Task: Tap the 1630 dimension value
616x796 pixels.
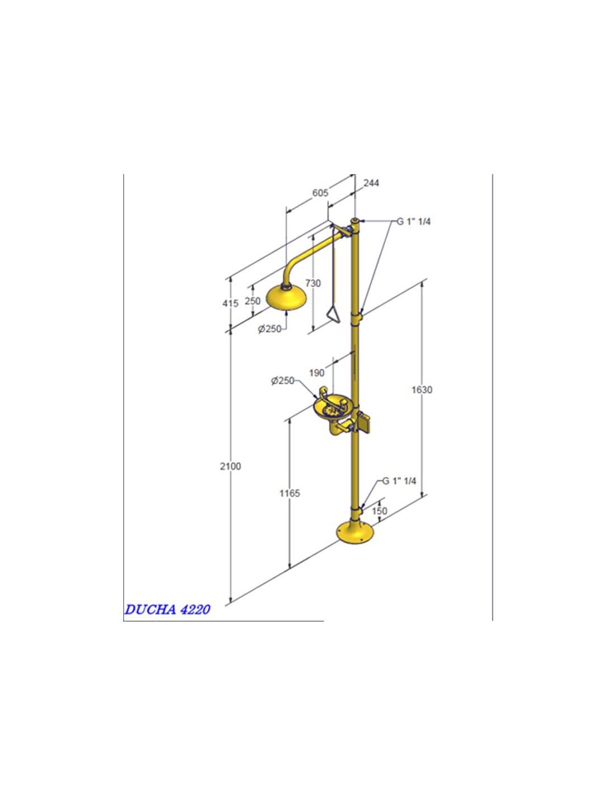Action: [422, 390]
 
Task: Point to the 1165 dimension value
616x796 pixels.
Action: [290, 493]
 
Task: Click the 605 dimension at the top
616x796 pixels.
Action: [320, 193]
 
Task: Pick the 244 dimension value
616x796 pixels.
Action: [371, 183]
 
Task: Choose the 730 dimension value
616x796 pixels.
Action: [313, 283]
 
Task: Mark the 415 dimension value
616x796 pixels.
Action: [231, 303]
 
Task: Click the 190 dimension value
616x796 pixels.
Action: [317, 373]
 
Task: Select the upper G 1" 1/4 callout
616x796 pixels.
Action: [414, 222]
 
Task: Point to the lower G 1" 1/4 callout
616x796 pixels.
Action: [399, 481]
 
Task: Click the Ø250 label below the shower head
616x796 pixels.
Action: [270, 329]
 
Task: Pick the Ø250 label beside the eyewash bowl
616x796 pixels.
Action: [283, 381]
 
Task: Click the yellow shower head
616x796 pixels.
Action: [286, 297]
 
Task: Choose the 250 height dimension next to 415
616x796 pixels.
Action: [253, 301]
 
